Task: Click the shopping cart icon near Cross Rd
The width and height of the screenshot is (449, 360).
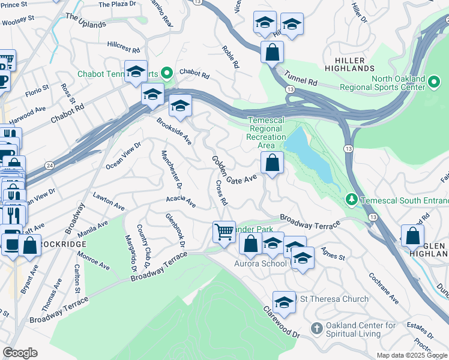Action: pos(224,231)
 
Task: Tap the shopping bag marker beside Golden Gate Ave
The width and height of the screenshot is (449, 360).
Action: pos(272,162)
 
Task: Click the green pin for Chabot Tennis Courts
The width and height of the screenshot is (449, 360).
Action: pos(167,74)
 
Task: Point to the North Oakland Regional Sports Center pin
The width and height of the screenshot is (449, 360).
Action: pos(435,80)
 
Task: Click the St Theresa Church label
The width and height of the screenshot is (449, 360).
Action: pos(334,299)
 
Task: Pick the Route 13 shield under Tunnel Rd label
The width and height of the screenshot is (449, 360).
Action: pos(291,89)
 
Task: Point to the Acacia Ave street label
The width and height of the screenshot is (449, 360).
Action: pos(181,201)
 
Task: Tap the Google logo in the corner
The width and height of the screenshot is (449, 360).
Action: pos(20,353)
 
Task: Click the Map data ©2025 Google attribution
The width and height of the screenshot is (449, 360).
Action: pos(412,355)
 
